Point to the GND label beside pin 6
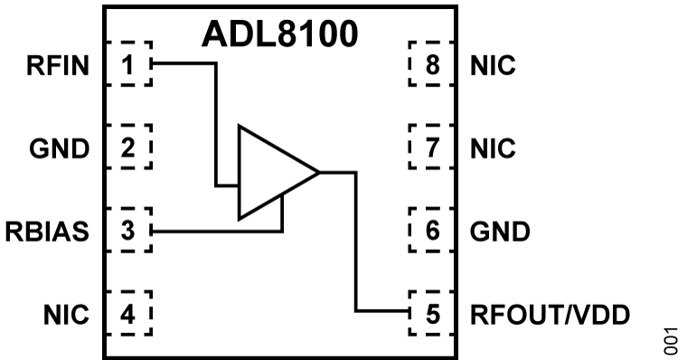500,232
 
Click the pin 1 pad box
129,64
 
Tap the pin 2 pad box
129,147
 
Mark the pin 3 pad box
129,231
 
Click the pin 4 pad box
129,314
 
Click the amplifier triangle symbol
271,172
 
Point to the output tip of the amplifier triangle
318,172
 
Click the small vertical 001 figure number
669,340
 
